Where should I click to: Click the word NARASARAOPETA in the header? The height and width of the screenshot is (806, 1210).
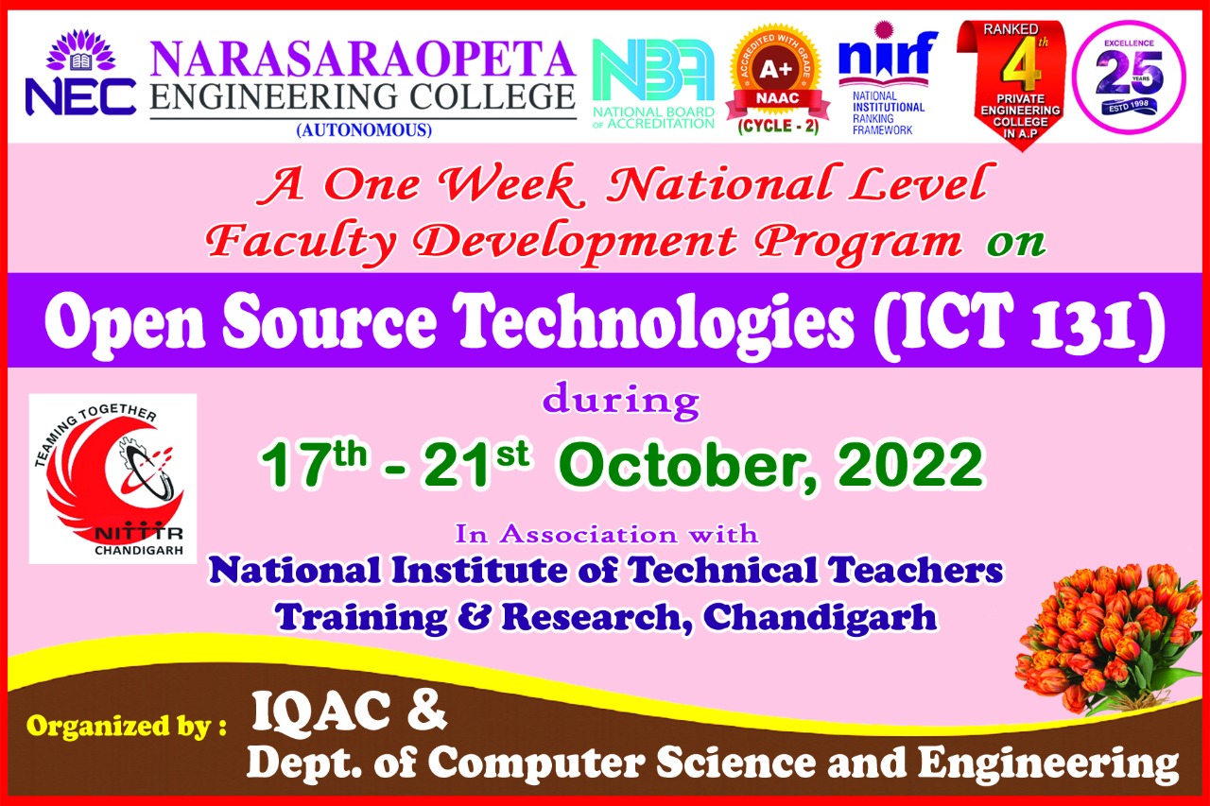363,59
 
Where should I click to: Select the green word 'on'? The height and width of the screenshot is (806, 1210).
1016,243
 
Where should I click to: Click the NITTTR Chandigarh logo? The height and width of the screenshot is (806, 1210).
112,477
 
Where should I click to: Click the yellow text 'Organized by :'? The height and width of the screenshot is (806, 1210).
127,728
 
